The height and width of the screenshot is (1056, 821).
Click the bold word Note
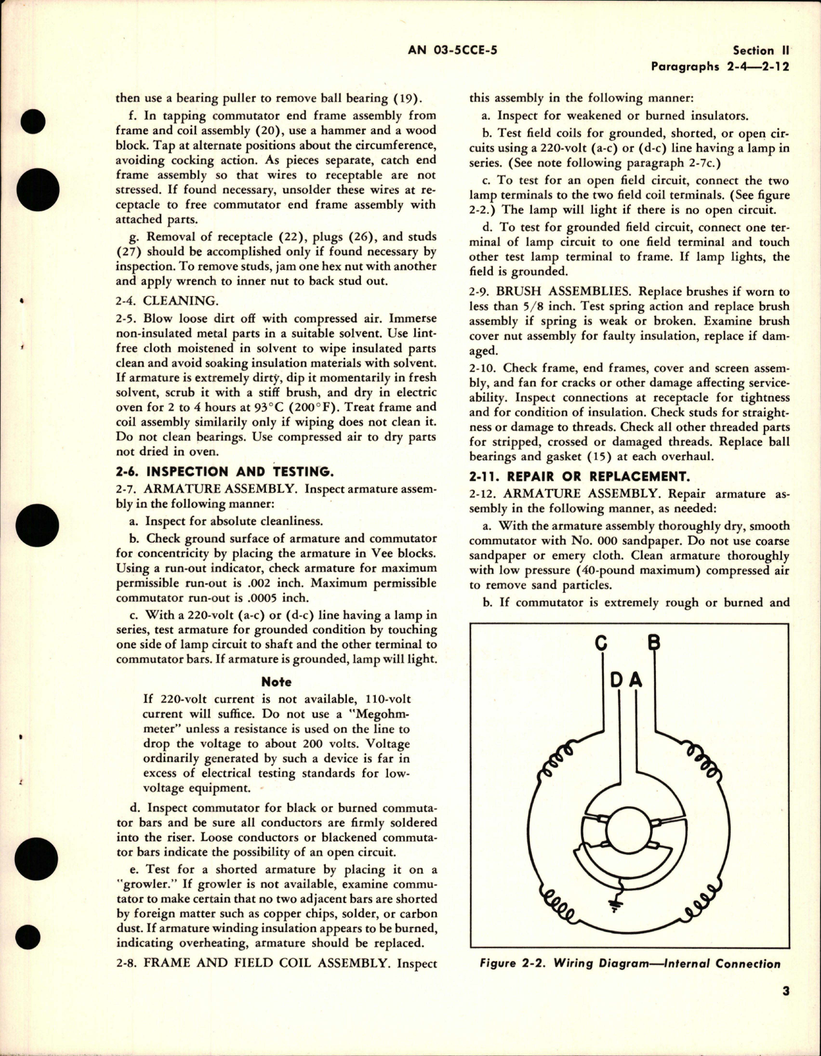(x=276, y=682)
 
